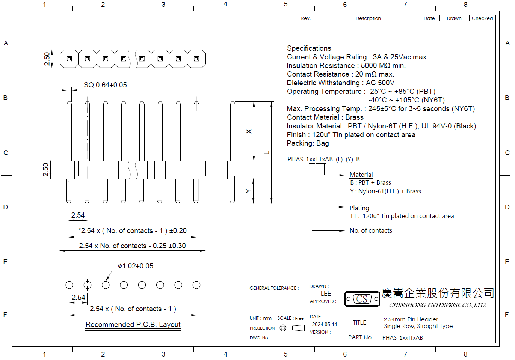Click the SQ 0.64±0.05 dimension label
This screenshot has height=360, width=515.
(105, 85)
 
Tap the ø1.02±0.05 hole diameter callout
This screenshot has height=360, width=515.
(135, 266)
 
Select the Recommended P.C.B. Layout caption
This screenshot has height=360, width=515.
(133, 325)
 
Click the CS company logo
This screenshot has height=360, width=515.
(362, 299)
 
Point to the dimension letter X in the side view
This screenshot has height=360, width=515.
(249, 131)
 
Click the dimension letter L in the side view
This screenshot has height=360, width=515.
(266, 153)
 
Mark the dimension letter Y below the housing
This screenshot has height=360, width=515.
(248, 191)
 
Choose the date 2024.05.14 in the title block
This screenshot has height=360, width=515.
(325, 324)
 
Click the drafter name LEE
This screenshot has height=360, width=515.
(326, 294)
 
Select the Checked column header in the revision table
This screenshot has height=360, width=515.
(482, 18)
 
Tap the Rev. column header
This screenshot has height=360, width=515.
(305, 18)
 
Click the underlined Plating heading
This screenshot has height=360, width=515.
(359, 208)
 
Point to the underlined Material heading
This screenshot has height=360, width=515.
(361, 175)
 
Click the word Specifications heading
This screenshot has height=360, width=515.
(309, 48)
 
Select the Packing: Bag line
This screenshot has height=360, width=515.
(308, 143)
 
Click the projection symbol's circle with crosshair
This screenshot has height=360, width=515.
(283, 328)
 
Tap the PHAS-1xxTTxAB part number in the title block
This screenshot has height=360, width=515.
(403, 338)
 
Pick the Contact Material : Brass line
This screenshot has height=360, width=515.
(325, 117)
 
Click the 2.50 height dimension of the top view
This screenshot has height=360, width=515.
(47, 59)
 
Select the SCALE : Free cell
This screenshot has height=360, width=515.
(290, 318)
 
